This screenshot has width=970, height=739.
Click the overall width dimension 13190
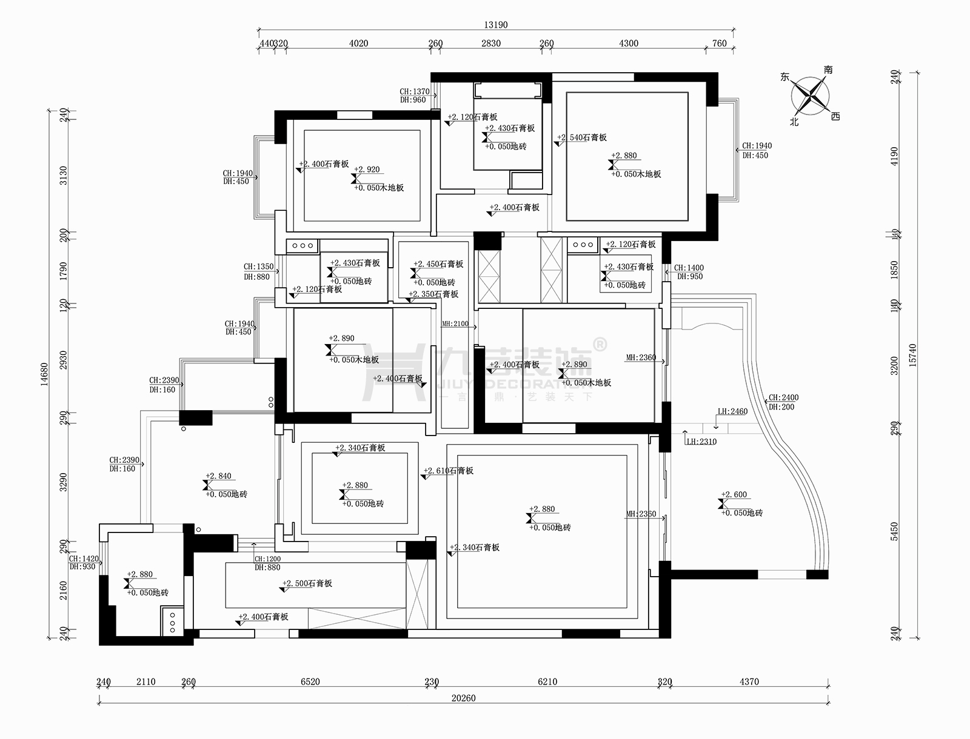[495, 25]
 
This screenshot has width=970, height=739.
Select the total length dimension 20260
[463, 698]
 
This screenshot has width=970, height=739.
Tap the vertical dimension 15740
[912, 354]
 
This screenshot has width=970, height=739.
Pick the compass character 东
[785, 78]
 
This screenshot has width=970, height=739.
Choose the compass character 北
[794, 122]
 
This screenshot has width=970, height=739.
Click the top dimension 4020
[359, 43]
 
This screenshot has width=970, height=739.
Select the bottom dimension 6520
[310, 681]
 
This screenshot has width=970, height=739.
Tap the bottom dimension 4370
[749, 681]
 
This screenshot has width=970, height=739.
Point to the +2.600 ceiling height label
[735, 494]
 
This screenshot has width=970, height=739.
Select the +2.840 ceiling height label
[219, 476]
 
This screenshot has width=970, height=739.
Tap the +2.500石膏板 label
[309, 583]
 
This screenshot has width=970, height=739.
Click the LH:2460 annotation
[732, 411]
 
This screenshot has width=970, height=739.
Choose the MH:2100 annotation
[455, 324]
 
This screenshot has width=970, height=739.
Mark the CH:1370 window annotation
[415, 91]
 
